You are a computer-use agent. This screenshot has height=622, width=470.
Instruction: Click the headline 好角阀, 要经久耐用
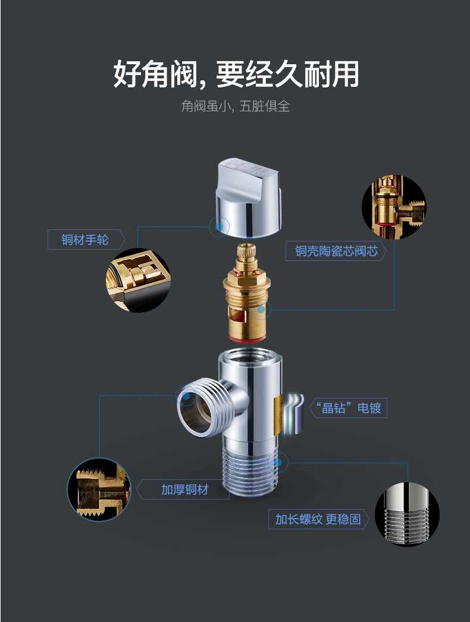coord(236,74)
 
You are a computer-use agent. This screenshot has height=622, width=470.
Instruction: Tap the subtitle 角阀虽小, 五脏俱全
coord(235,106)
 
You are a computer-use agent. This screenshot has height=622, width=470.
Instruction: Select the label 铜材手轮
coord(85,240)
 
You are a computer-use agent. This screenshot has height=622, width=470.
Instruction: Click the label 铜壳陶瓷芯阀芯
coord(336,251)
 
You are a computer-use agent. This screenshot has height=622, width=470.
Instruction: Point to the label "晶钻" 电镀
coord(351,408)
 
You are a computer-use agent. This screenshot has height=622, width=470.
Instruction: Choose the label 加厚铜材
coord(184,489)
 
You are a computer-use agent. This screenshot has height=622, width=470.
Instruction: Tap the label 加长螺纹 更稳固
coord(318,519)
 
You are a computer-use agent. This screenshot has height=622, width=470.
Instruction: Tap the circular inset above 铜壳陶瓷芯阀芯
coord(393,206)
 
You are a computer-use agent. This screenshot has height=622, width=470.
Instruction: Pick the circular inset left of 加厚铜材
coord(99,489)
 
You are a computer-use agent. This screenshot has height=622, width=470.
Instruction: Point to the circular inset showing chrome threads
coord(407,515)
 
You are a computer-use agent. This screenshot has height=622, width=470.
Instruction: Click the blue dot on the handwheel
coord(220,227)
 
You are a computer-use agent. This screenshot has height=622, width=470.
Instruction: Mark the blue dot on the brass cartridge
coord(260,309)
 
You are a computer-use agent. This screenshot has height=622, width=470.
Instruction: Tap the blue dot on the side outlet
coord(186,395)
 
